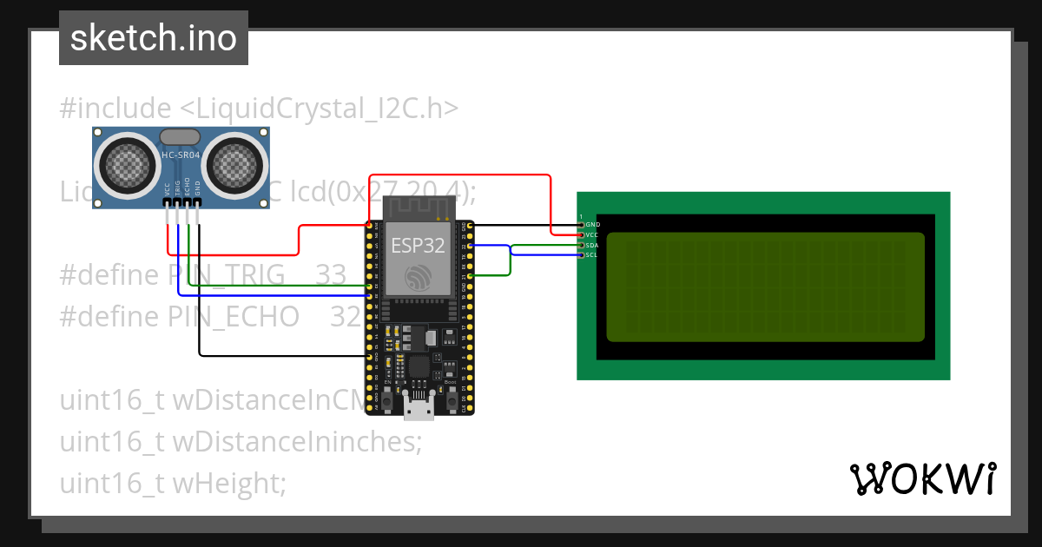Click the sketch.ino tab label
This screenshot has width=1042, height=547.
[x=154, y=38]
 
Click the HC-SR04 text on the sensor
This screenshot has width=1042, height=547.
[x=181, y=155]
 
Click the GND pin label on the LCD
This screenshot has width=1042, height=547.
[x=593, y=225]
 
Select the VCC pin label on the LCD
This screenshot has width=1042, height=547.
[x=592, y=235]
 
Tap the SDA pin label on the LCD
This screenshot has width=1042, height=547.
[x=592, y=246]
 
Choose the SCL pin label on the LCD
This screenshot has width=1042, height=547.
[x=592, y=255]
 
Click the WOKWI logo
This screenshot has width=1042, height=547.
[x=922, y=478]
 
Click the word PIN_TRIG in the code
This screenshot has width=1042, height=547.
[x=226, y=275]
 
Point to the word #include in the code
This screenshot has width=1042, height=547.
[x=115, y=109]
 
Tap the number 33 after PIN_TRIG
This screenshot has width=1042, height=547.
[x=331, y=275]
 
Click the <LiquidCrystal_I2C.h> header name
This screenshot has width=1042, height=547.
[x=319, y=109]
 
